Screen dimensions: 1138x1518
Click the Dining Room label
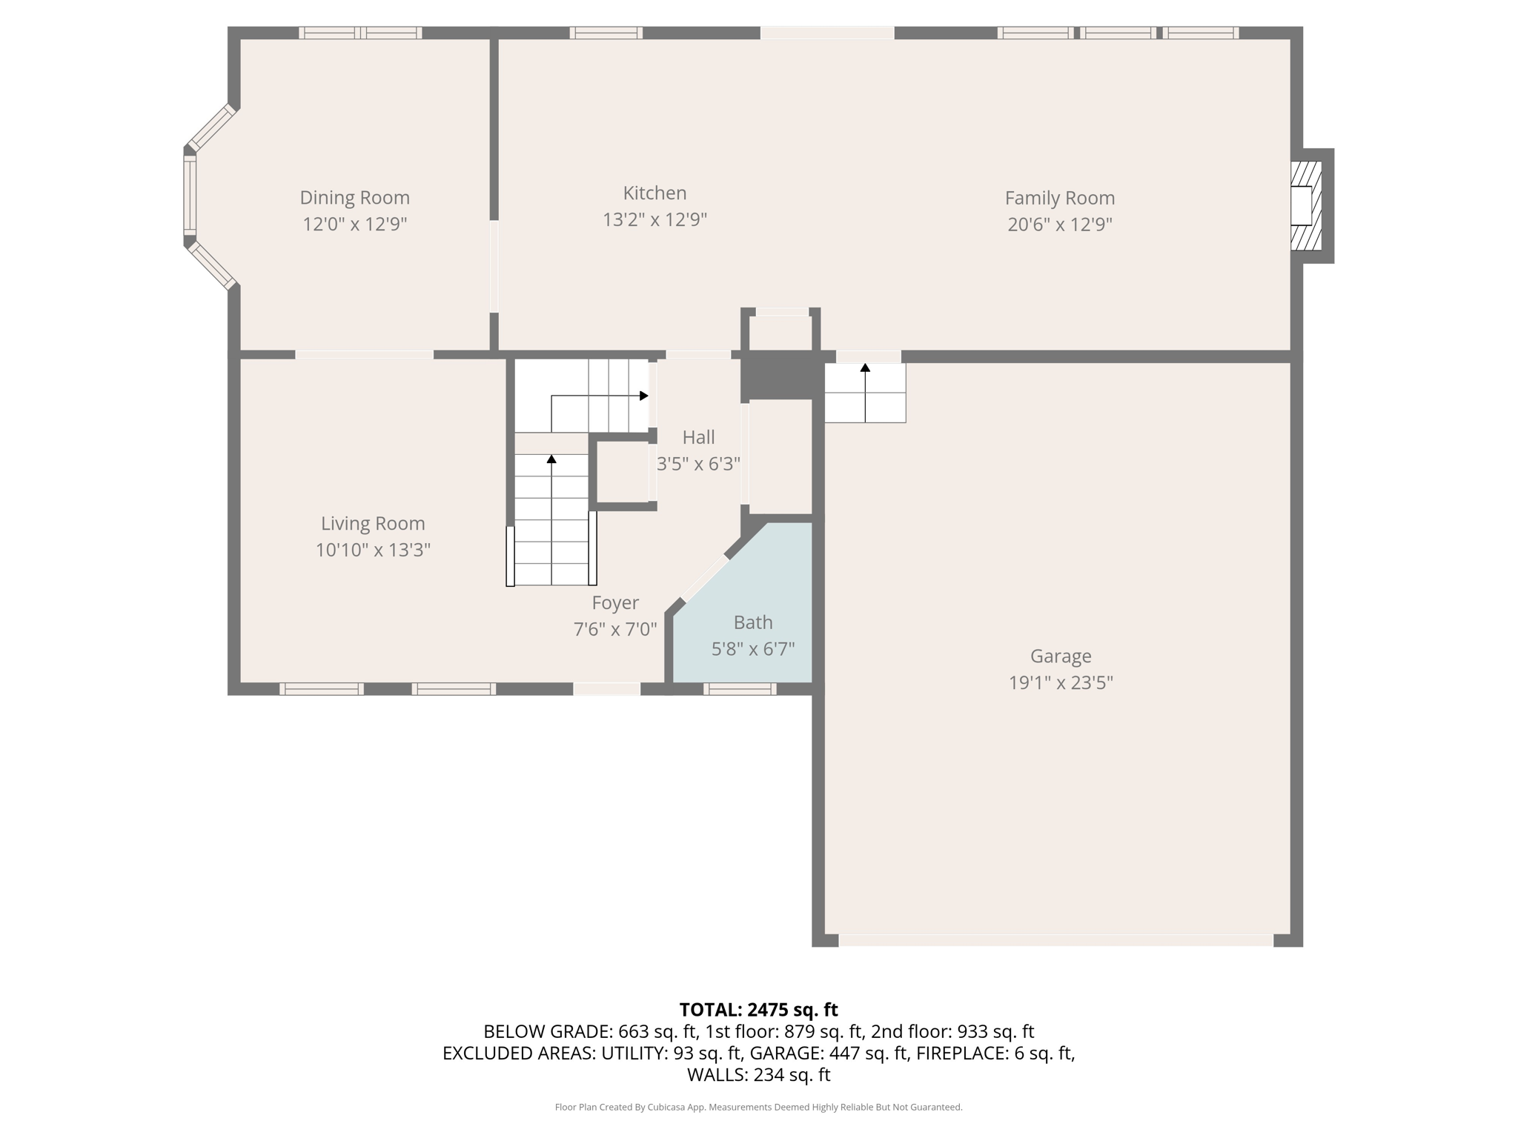coord(354,198)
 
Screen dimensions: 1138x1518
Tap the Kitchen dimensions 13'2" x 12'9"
coord(654,220)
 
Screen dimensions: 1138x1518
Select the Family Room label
coord(1059,198)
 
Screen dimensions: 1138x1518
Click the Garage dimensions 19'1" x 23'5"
coord(1060,683)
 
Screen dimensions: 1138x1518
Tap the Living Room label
coord(373,524)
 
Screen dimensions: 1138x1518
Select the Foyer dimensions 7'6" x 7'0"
coord(615,630)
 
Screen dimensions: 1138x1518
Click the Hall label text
coord(698,437)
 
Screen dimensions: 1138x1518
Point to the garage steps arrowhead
coord(865,367)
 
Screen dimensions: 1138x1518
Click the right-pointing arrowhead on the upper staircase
coord(643,396)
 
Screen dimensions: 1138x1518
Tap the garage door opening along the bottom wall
coord(1055,940)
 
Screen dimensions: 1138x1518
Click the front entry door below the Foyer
coord(606,689)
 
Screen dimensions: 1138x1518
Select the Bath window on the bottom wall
coord(740,689)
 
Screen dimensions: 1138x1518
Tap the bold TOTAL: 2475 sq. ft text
coord(758,1010)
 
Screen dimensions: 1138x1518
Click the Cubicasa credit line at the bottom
coord(758,1108)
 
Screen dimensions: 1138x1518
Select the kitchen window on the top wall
coord(606,33)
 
